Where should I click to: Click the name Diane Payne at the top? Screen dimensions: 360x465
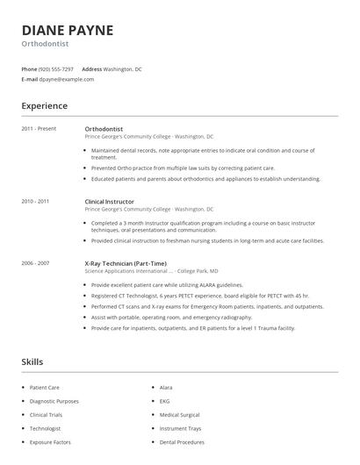[x=68, y=30]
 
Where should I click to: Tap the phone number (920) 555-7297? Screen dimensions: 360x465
[x=56, y=68]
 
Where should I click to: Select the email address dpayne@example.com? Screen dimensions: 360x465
[x=66, y=79]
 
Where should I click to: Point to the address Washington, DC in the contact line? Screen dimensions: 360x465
[x=122, y=68]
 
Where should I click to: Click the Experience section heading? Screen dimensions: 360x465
[x=44, y=106]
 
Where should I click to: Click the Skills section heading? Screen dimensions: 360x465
[x=32, y=361]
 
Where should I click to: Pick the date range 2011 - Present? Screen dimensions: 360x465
[x=39, y=129]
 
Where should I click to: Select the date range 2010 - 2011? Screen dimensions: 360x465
[x=35, y=202]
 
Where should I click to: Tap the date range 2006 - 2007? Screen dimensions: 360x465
[x=35, y=263]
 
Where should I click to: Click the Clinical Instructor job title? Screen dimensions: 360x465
[x=111, y=202]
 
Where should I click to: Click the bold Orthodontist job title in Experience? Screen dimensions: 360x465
[x=104, y=129]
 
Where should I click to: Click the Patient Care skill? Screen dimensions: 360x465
[x=44, y=387]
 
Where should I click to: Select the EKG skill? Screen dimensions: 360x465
[x=165, y=401]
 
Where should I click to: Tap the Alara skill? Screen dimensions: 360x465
[x=166, y=387]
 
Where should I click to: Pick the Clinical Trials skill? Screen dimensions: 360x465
[x=47, y=415]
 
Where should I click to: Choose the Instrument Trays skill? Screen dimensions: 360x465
[x=180, y=429]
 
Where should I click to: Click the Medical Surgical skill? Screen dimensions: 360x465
[x=180, y=415]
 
